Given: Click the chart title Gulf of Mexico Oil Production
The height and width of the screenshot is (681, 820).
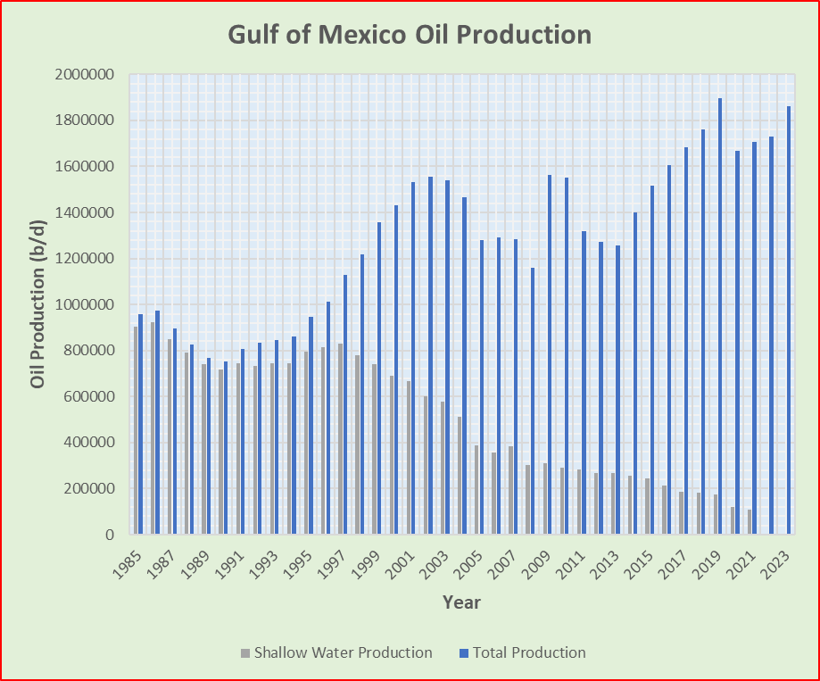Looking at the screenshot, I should pos(410,35).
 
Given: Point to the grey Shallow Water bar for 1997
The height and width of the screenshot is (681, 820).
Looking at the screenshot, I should pos(341,438).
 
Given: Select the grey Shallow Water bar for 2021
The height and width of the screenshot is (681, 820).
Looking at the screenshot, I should pos(750,522).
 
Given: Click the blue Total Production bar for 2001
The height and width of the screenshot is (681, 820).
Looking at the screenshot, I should pos(413,358).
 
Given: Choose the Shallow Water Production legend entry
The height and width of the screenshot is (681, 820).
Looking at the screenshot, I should pos(335,652).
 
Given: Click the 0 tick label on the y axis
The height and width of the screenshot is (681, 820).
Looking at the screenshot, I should pos(110,535).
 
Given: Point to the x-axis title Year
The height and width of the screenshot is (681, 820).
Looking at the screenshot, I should pos(461,602).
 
